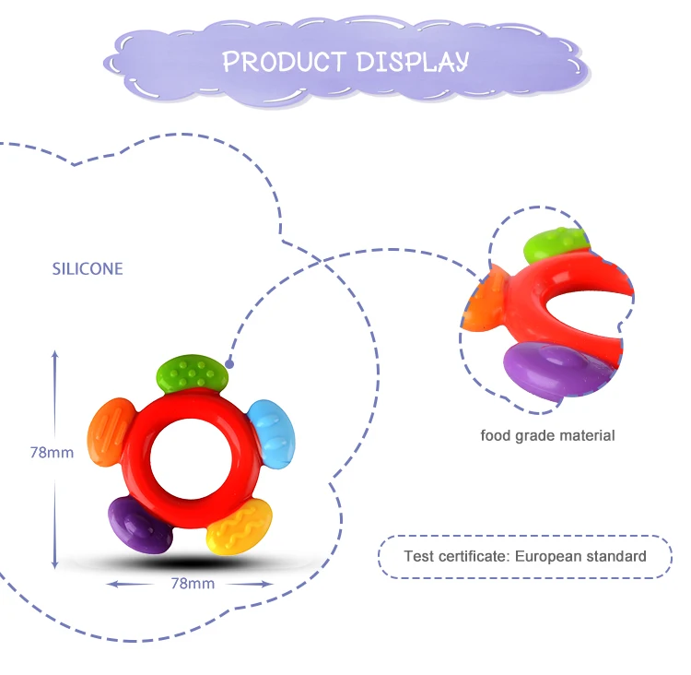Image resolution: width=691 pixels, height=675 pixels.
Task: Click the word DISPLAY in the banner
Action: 412,62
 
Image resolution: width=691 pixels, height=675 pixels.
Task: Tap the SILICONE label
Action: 88,269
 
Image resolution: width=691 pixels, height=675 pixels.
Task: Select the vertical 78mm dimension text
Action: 52,453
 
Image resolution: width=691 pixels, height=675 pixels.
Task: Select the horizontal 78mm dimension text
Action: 193,584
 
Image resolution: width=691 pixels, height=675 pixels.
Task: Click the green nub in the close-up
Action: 554,245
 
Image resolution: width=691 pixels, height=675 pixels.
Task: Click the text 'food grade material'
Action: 547,435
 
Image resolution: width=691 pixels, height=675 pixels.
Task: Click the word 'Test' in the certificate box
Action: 417,556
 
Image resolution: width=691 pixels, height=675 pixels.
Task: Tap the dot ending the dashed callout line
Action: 229,362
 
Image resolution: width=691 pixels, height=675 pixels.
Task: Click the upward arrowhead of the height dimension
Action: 54,355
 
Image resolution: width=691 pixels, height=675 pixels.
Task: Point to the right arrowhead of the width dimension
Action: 269,584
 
